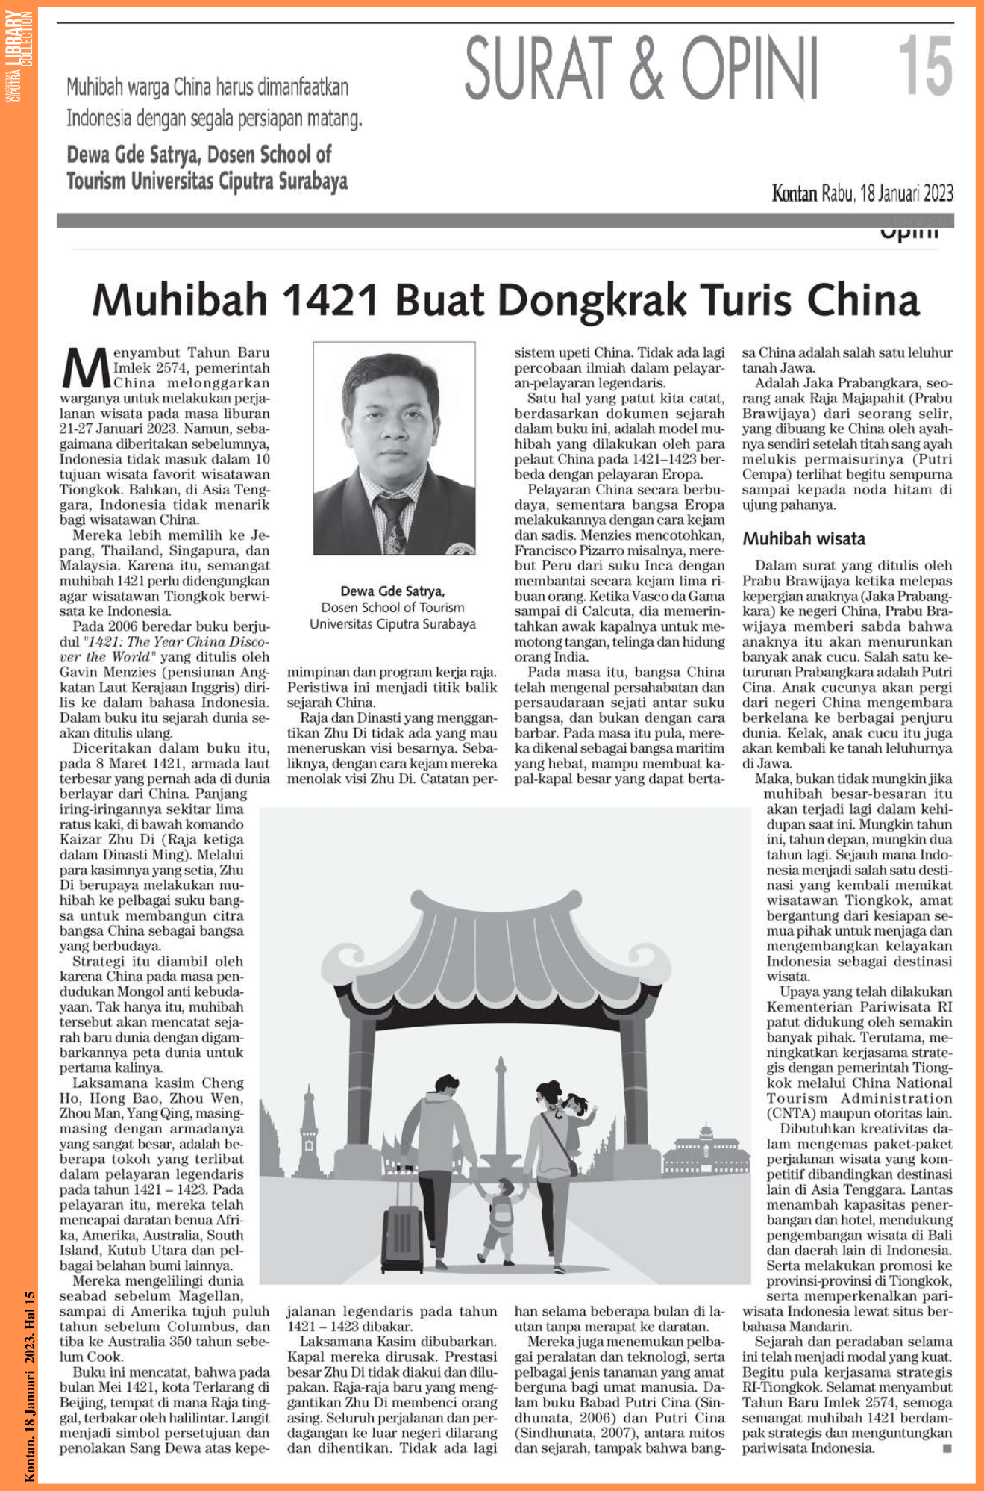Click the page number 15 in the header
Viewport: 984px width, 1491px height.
(924, 66)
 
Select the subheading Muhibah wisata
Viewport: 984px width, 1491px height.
(803, 538)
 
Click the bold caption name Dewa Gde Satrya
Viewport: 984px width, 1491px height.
(392, 591)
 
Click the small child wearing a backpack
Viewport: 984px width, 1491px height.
(501, 1218)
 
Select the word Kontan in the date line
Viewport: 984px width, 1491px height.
(794, 194)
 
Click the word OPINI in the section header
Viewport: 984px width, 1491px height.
(749, 69)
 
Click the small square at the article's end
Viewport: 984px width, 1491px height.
(947, 1448)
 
